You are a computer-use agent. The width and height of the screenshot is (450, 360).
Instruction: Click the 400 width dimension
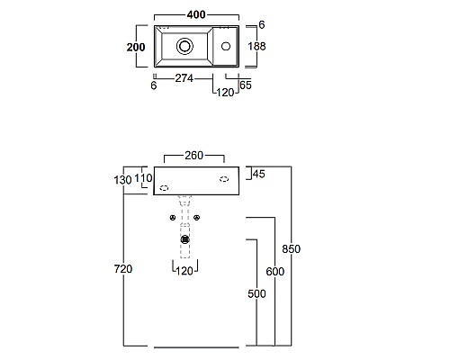click(x=196, y=14)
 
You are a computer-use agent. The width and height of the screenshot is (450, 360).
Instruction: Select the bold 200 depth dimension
click(x=136, y=47)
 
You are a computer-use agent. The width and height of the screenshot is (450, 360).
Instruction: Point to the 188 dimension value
click(x=256, y=46)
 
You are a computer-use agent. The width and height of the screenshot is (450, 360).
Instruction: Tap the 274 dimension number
click(x=184, y=78)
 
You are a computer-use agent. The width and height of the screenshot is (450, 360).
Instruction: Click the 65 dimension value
click(x=246, y=85)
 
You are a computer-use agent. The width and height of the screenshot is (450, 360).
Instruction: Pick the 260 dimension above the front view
click(x=194, y=156)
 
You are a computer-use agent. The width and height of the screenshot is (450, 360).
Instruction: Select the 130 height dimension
click(x=122, y=180)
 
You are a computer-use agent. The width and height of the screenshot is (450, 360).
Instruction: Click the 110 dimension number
click(x=143, y=178)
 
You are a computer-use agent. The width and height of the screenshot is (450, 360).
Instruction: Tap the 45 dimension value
click(x=259, y=174)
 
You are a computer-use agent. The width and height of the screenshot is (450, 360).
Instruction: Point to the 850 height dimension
click(x=291, y=249)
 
